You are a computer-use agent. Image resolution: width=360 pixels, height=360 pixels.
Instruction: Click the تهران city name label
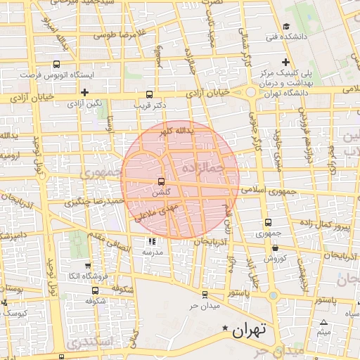[x=250, y=329]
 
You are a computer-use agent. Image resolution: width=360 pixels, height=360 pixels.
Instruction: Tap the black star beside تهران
[x=225, y=328]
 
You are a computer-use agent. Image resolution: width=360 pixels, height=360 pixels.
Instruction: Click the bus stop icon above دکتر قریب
[x=148, y=94]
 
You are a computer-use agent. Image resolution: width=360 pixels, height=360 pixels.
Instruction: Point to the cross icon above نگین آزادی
[x=84, y=92]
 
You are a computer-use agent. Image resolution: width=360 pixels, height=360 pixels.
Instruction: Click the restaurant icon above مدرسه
[x=152, y=240]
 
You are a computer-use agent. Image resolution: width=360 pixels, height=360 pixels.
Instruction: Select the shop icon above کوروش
[x=274, y=248]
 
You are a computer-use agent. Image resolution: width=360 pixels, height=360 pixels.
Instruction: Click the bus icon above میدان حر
[x=205, y=295]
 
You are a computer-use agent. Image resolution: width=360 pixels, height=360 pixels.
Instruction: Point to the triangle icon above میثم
[x=323, y=323]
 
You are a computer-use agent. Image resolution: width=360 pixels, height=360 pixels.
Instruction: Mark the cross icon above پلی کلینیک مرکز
[x=285, y=61]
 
